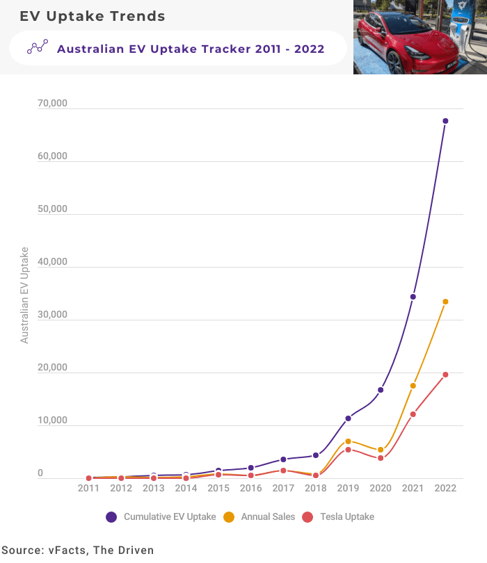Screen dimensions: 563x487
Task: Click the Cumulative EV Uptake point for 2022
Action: pos(445,121)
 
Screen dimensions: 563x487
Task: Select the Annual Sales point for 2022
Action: pos(445,302)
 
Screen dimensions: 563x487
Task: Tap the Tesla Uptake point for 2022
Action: pos(445,375)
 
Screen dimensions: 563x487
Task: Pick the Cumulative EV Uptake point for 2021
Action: pos(413,297)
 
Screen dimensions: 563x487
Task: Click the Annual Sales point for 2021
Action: pos(413,386)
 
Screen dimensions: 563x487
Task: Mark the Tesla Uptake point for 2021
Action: pos(413,414)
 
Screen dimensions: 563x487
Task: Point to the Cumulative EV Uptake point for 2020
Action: pos(381,390)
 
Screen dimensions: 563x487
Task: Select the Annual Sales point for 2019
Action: pos(348,441)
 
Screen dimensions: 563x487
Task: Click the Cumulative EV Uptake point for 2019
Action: pos(348,418)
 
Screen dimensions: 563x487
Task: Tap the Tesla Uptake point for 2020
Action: pos(381,458)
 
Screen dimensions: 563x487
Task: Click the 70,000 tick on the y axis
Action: pos(52,104)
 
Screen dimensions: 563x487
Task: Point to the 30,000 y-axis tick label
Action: pos(52,315)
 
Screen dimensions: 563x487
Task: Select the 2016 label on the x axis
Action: pos(250,489)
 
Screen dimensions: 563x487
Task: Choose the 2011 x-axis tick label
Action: pos(88,489)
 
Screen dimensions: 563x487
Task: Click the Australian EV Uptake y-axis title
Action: pos(24,295)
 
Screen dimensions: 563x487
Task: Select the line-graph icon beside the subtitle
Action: pos(37,48)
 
